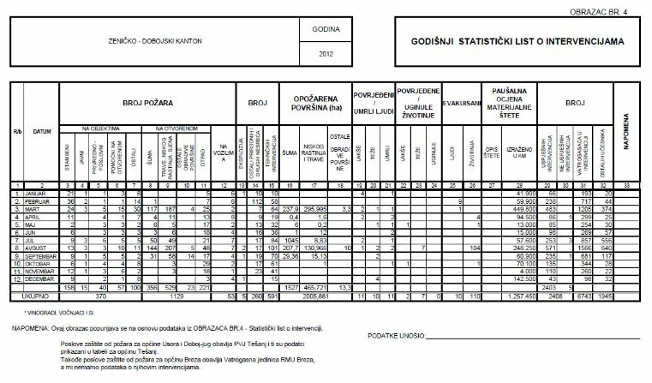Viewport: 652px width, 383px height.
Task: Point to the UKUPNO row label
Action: pyautogui.click(x=36, y=295)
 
